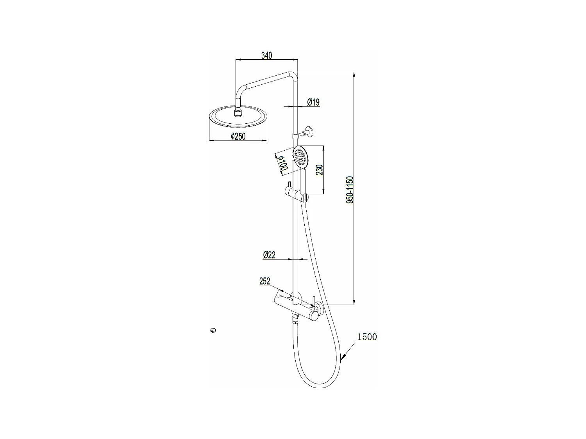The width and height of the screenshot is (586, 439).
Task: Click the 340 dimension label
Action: (266, 55)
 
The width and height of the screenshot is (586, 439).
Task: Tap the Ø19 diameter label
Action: (313, 102)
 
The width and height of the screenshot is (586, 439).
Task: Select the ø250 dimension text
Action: (238, 136)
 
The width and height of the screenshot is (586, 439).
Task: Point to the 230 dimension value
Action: (319, 170)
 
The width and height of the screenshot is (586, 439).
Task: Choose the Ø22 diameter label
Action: (269, 255)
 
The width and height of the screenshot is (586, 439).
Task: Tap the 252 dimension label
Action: (264, 281)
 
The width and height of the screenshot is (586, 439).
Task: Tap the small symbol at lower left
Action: (213, 331)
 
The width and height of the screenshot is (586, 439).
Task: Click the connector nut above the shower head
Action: (238, 113)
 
